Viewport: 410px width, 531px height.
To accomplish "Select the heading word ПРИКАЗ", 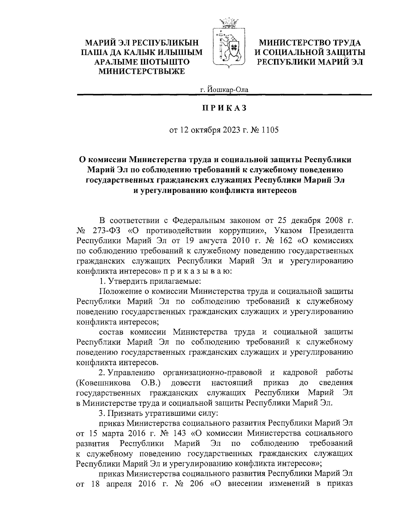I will click(x=224, y=108).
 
